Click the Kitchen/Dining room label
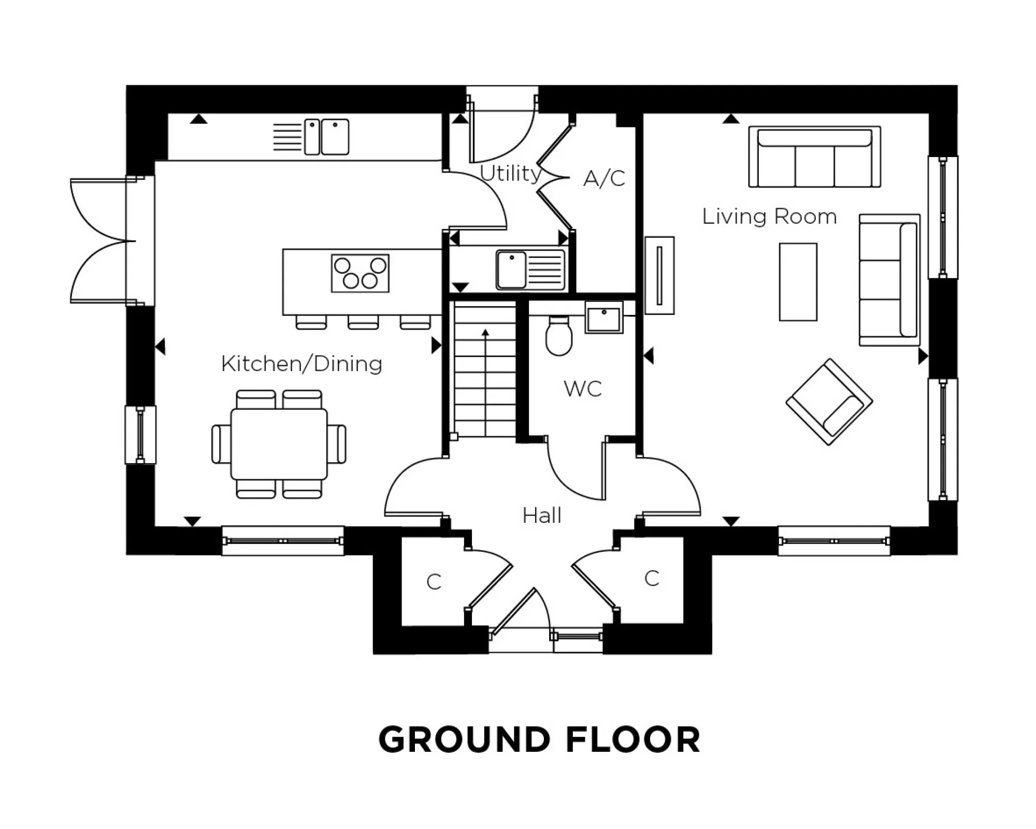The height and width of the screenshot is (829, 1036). coord(301,364)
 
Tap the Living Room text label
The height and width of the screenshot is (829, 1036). coord(769,217)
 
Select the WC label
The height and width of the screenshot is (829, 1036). coord(583,389)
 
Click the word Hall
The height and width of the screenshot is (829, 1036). coord(542,516)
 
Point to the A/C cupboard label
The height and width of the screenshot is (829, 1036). coord(604,178)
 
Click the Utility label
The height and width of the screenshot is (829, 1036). coord(510,173)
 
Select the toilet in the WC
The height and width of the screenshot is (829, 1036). coord(559,337)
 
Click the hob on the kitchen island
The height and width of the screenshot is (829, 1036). coord(360,273)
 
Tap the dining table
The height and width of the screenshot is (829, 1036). coord(279,444)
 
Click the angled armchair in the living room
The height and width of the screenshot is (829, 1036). coord(829,402)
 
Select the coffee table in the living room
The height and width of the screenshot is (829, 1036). coord(798,282)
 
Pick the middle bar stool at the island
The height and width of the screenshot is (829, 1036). coord(363,322)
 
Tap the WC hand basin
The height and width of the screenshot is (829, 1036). coord(603,317)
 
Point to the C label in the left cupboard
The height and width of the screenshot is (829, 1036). coord(434,582)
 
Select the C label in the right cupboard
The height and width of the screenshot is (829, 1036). coord(652,579)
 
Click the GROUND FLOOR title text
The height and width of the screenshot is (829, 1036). coord(539,739)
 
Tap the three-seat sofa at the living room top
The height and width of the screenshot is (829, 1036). coord(814,156)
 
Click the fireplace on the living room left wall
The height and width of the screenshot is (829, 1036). coord(659,275)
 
